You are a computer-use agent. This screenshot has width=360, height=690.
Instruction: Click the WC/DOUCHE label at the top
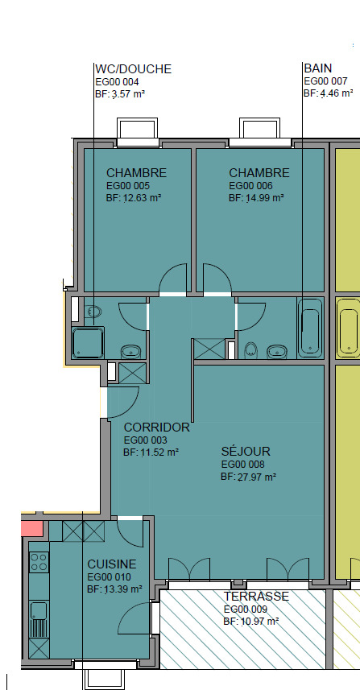click(133, 69)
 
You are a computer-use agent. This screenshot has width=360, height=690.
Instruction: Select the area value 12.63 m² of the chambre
click(134, 198)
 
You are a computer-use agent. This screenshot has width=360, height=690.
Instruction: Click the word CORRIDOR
click(156, 428)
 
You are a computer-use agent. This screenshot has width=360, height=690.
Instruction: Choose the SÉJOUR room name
click(246, 451)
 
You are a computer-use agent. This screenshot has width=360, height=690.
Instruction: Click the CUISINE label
click(111, 564)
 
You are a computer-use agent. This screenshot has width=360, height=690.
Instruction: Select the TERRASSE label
click(256, 597)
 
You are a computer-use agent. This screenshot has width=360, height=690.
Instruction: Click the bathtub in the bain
click(310, 329)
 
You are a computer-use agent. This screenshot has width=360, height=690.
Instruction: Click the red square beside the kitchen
click(31, 529)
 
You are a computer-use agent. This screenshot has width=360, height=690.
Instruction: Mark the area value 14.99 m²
click(256, 198)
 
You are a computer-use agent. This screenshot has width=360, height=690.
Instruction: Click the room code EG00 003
click(145, 440)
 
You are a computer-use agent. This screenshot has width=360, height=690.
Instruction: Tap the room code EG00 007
click(325, 81)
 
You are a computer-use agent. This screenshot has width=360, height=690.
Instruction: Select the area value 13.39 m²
click(114, 589)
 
